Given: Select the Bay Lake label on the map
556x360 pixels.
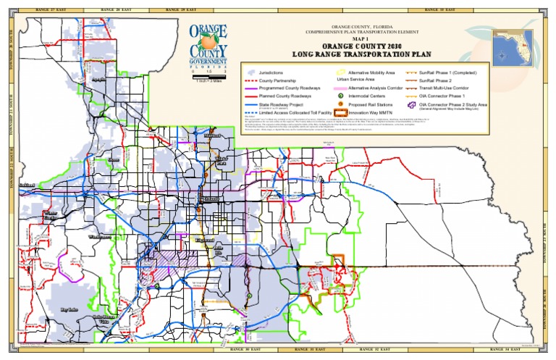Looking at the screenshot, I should pyautogui.click(x=69, y=309).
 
